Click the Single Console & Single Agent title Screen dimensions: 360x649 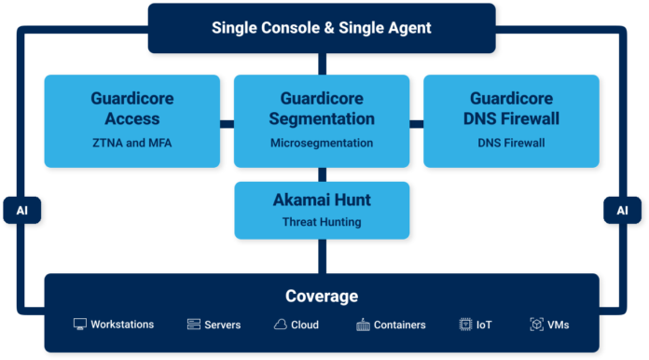pyautogui.click(x=322, y=28)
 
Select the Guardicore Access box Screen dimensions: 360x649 pyautogui.click(x=131, y=121)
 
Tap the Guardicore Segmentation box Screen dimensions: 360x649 pyautogui.click(x=322, y=121)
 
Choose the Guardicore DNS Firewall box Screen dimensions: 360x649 pyautogui.click(x=511, y=121)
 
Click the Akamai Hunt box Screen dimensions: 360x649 pyautogui.click(x=322, y=210)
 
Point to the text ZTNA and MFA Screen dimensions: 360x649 pyautogui.click(x=131, y=143)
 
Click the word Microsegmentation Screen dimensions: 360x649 pyautogui.click(x=322, y=143)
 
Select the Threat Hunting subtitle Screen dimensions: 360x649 pyautogui.click(x=322, y=222)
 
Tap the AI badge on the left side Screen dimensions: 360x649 pyautogui.click(x=22, y=211)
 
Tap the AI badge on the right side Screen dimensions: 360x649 pyautogui.click(x=622, y=211)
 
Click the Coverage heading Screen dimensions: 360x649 pyautogui.click(x=322, y=297)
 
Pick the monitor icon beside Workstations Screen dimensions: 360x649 pyautogui.click(x=80, y=325)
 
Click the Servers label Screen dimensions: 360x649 pyautogui.click(x=223, y=325)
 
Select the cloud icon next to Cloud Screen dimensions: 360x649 pyautogui.click(x=280, y=325)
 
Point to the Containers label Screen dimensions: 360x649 pyautogui.click(x=400, y=325)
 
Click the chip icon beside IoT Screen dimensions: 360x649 pyautogui.click(x=465, y=325)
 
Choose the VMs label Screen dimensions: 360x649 pyautogui.click(x=559, y=325)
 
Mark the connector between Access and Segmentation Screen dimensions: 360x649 pyautogui.click(x=227, y=123)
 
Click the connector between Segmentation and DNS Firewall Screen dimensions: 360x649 pyautogui.click(x=417, y=123)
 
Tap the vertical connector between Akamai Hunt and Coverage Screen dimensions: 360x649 pyautogui.click(x=322, y=256)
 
